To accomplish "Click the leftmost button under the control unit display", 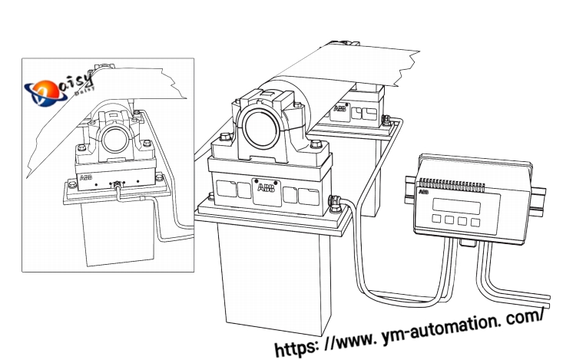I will tap(436, 220).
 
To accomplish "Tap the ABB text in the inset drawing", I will tap(87, 178).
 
